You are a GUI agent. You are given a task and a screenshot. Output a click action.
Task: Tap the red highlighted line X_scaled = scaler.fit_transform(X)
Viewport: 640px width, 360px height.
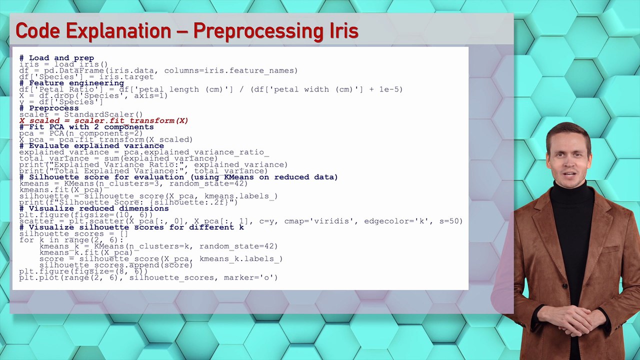tap(103, 120)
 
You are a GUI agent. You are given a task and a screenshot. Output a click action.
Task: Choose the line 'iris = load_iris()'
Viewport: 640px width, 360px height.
tap(63, 64)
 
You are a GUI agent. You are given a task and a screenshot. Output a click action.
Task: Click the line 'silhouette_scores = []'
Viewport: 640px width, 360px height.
tap(73, 233)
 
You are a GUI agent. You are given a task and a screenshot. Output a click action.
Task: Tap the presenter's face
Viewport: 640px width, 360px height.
tap(568, 159)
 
